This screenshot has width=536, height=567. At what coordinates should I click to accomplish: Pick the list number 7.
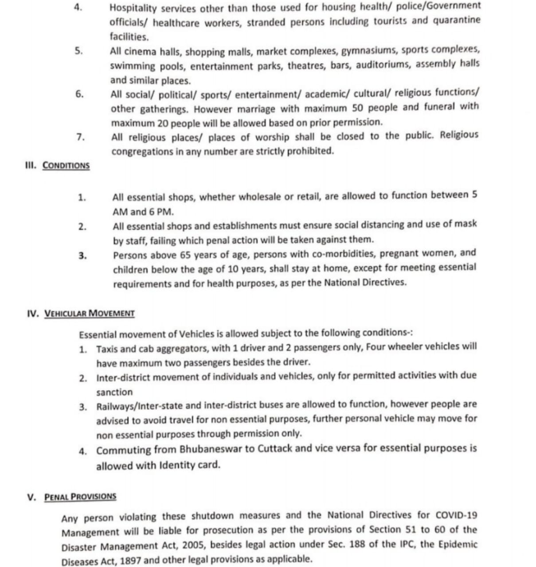pyautogui.click(x=80, y=137)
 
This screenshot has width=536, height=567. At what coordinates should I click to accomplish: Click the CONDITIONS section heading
pyautogui.click(x=66, y=166)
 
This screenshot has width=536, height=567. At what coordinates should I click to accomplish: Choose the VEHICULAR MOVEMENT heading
pyautogui.click(x=90, y=313)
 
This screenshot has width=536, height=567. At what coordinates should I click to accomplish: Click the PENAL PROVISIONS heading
pyautogui.click(x=80, y=496)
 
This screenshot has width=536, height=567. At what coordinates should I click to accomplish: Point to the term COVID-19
pyautogui.click(x=457, y=515)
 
